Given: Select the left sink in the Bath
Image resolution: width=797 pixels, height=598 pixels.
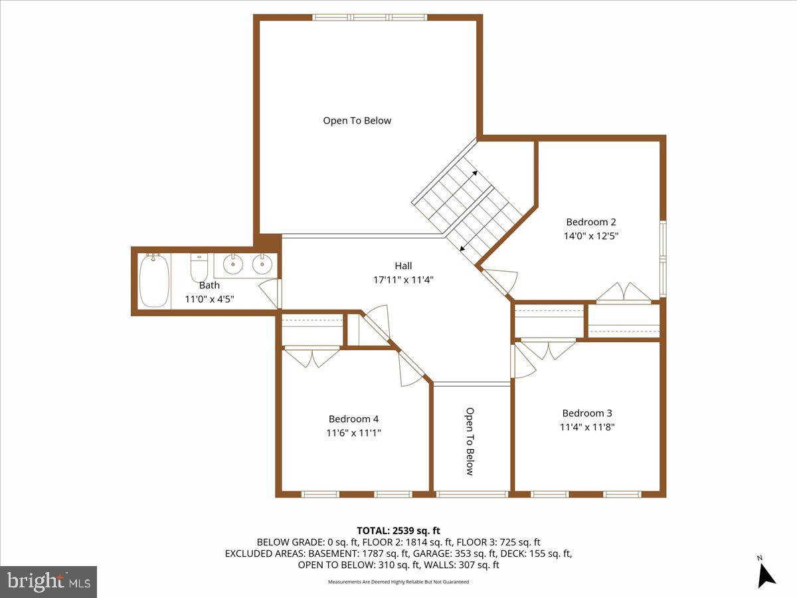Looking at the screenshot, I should point(232,265).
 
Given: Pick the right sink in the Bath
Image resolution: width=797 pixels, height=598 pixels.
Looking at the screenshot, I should point(263,265).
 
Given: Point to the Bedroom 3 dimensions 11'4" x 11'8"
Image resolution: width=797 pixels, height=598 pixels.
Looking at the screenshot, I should point(587,427).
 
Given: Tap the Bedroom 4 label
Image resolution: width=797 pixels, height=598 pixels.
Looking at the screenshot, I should point(353,419).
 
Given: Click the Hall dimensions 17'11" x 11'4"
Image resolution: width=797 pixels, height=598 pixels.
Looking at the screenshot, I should point(403,280).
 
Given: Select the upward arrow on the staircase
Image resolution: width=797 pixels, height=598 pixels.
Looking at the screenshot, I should point(475,173).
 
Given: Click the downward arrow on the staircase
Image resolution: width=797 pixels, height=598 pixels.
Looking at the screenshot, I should point(462,247).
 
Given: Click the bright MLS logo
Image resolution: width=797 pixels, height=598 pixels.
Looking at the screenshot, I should point(48,582).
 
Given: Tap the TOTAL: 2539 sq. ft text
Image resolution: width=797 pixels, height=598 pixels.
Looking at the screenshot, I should point(398,530).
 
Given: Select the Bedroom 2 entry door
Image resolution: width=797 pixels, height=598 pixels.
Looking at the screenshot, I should point(498,280).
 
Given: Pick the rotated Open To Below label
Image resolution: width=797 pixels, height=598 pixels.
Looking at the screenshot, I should point(470,441).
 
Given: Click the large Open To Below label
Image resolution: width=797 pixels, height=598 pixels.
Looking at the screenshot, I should point(357,121).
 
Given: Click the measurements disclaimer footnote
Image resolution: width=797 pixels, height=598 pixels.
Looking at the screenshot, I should point(398,582).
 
